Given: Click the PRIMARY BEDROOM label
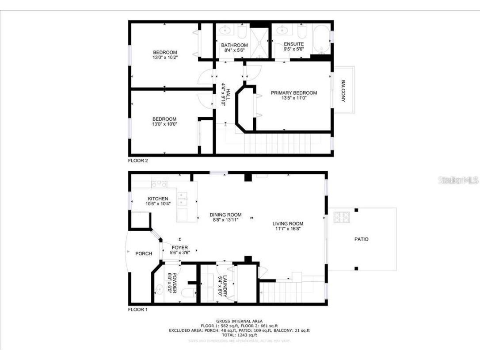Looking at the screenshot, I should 294,93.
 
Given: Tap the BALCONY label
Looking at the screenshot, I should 343,91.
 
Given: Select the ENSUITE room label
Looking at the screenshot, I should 293,44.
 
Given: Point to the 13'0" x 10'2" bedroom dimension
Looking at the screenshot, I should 164,57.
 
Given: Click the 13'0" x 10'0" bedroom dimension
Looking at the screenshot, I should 164,124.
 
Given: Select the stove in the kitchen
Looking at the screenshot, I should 159,182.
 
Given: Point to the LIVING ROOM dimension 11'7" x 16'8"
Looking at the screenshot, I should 288,229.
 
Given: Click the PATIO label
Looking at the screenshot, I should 361,239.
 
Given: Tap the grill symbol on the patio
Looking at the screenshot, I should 341,217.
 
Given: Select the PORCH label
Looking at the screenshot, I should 144,253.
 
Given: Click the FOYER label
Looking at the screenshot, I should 179,248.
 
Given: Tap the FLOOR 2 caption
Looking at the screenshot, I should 138,161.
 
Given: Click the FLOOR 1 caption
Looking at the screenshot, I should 138,310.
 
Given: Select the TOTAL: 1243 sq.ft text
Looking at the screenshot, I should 240,335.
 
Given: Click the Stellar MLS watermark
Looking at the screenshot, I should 457,180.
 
